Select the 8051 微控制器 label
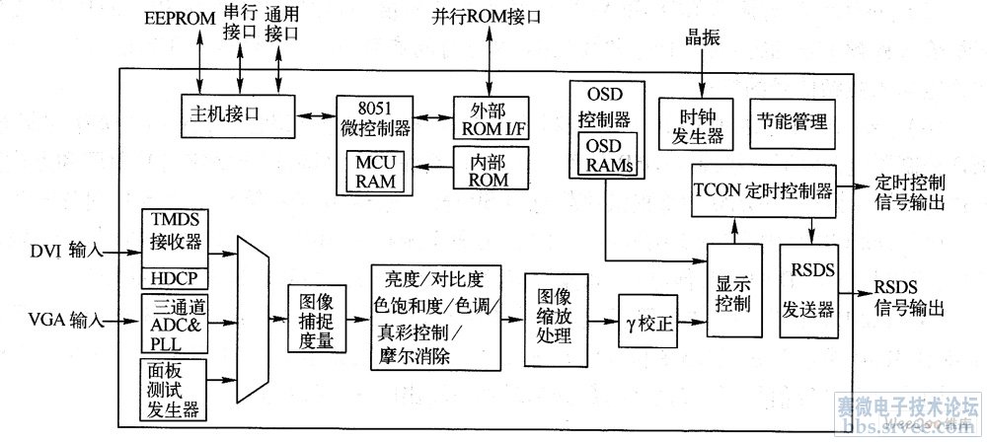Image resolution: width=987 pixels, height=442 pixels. coord(374,116)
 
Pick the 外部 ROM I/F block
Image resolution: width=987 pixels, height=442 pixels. coord(491,116)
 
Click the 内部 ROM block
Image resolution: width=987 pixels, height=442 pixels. coord(491,168)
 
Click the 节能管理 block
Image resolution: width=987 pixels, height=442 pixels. coord(792,123)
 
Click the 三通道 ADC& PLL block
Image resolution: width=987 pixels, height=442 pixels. coord(174,322)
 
